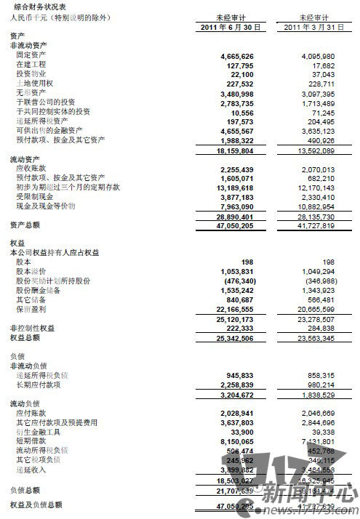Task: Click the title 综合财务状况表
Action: click(36, 6)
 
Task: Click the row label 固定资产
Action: click(31, 55)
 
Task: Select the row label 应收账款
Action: click(31, 168)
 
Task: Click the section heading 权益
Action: click(16, 242)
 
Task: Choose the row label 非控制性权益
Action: click(28, 328)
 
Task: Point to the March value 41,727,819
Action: click(316, 225)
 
